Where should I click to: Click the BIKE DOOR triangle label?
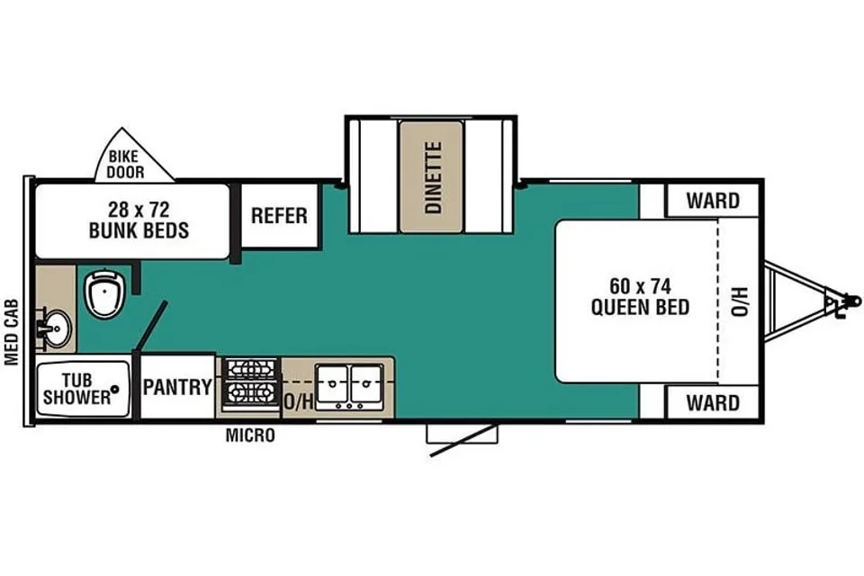(125, 165)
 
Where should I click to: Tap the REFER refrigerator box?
(280, 215)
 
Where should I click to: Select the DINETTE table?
(431, 177)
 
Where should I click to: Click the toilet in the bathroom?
(105, 292)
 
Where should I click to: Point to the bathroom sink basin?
(56, 328)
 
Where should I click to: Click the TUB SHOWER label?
(76, 389)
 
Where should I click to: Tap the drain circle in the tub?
(114, 389)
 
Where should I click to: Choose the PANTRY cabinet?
(177, 386)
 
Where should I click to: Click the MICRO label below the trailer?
(250, 436)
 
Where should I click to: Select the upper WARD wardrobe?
(713, 200)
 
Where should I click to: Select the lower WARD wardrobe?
(713, 402)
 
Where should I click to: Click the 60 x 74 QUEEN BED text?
(640, 296)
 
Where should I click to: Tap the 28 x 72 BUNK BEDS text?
(139, 220)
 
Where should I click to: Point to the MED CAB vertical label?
(12, 332)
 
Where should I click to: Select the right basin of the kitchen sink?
(367, 383)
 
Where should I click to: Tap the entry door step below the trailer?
(462, 434)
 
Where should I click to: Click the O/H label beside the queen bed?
(740, 301)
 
